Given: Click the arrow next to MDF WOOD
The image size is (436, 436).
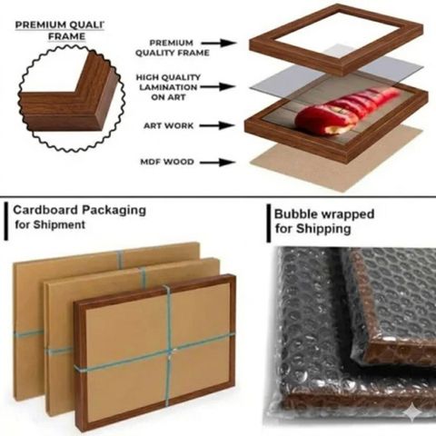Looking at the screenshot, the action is (218, 163).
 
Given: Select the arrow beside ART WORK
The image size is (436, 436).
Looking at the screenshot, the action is (217, 125).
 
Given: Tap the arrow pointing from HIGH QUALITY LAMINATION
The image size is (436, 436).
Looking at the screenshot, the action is (217, 87).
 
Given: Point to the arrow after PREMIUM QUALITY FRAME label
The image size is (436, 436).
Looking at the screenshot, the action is (219, 43).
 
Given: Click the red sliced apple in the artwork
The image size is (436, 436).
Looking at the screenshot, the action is (345, 111).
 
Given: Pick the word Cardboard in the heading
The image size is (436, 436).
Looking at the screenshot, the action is (45, 210).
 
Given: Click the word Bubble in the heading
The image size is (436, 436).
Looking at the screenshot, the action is (295, 214).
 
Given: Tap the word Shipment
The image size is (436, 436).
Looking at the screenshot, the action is (59, 224).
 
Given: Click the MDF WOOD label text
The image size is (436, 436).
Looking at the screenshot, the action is (167, 162).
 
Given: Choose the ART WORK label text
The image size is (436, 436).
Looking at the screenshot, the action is (168, 125).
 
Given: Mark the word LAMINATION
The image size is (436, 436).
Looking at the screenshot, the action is (168, 87).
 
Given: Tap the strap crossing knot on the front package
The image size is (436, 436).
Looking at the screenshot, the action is (170, 352).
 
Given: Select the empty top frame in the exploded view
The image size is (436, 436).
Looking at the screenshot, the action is (336, 39).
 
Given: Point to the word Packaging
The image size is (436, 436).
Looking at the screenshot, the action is (114, 211).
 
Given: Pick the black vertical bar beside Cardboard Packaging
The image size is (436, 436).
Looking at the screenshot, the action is (6, 222).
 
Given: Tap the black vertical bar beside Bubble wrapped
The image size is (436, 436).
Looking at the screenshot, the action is (269, 223).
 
